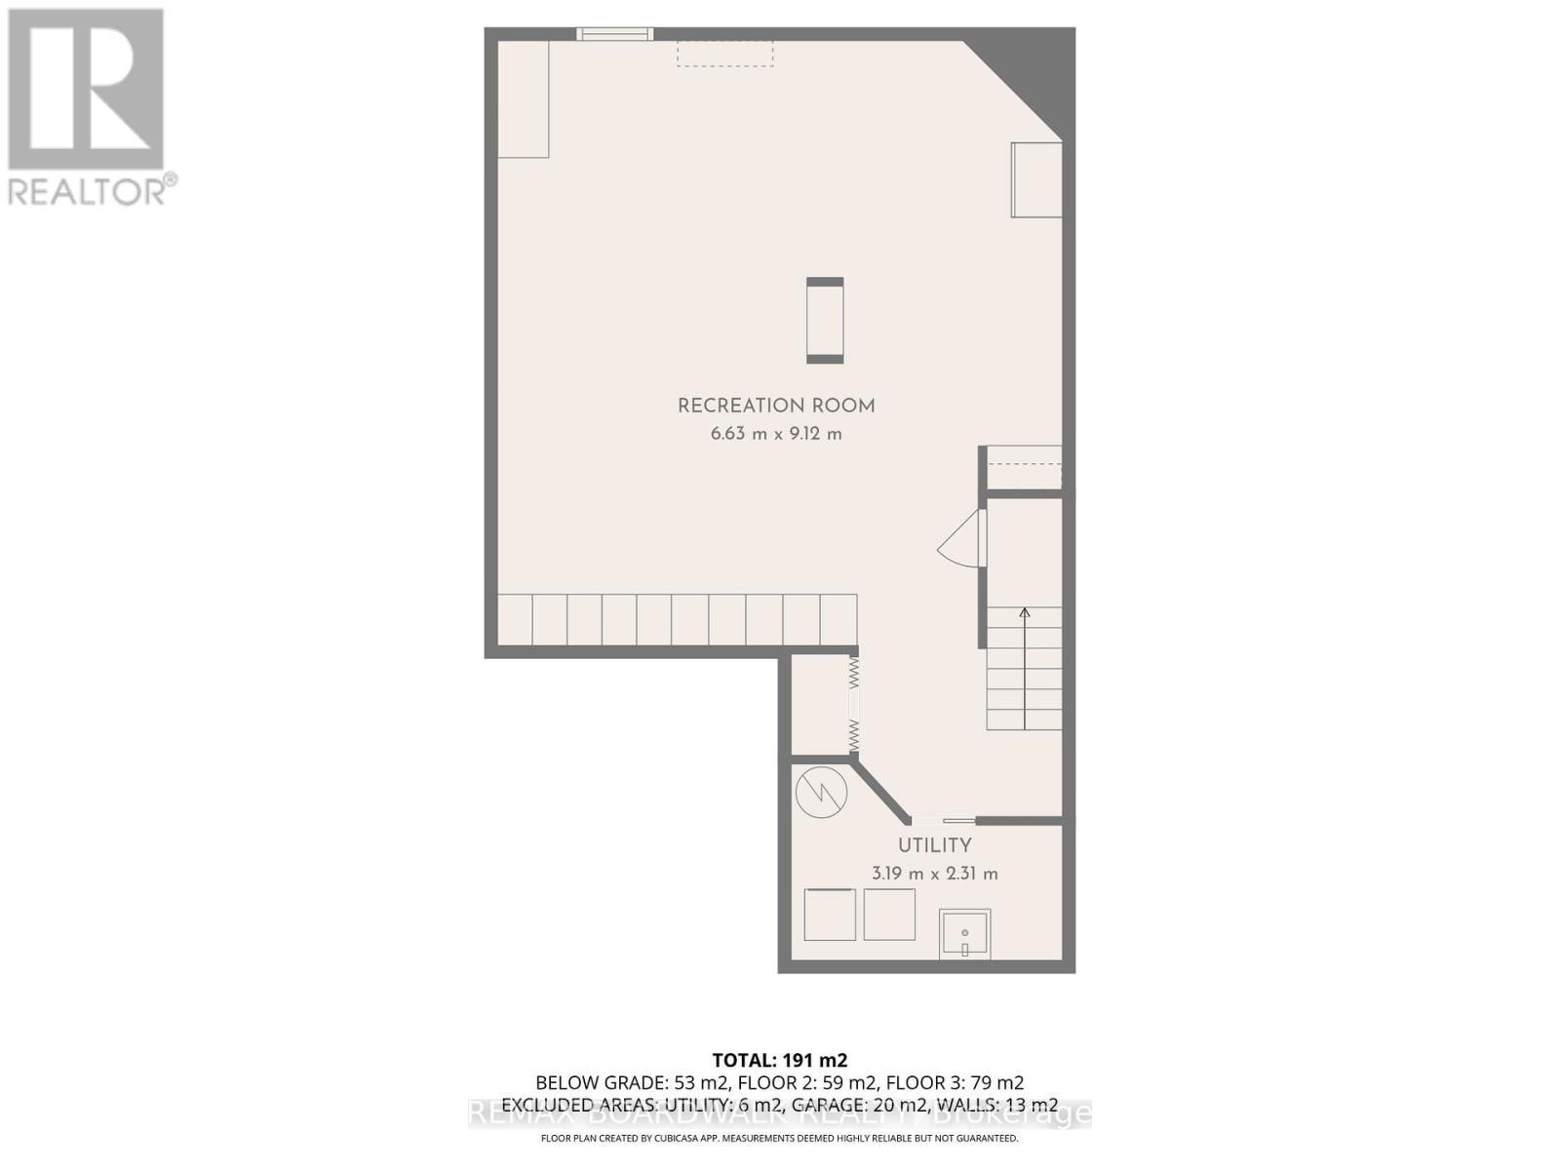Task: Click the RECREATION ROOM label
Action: click(x=776, y=406)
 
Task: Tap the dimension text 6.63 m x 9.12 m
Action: click(x=776, y=434)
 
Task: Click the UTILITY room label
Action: click(x=934, y=845)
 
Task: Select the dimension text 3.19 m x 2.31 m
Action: click(x=934, y=874)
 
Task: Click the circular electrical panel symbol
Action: click(x=822, y=792)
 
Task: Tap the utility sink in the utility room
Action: click(x=964, y=934)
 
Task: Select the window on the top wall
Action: click(x=614, y=34)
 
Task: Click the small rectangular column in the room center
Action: click(x=825, y=321)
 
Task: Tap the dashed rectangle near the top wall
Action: click(x=725, y=54)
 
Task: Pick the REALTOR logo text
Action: click(x=92, y=189)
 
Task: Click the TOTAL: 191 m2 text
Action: click(x=779, y=1060)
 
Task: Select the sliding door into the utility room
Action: click(x=943, y=820)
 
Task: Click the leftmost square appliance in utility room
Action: click(x=830, y=915)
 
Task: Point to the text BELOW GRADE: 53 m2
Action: click(x=632, y=1083)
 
